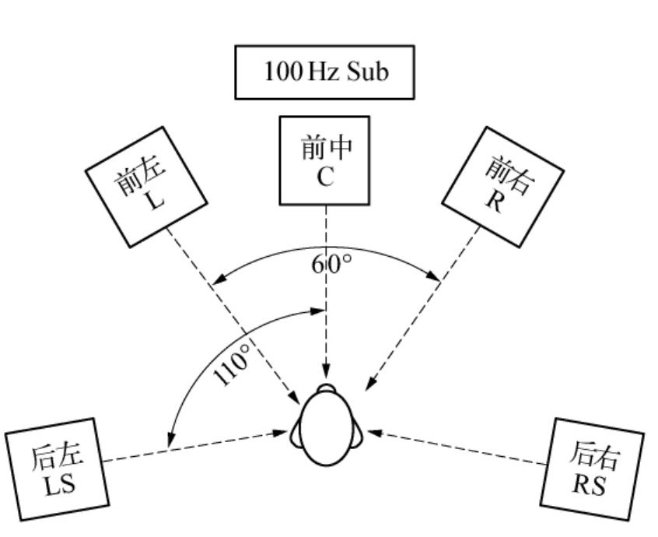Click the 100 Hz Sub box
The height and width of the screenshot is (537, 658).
click(x=324, y=72)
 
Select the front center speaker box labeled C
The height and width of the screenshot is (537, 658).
click(x=325, y=161)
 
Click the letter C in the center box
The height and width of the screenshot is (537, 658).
click(x=325, y=176)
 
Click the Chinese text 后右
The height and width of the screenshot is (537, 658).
click(x=597, y=455)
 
